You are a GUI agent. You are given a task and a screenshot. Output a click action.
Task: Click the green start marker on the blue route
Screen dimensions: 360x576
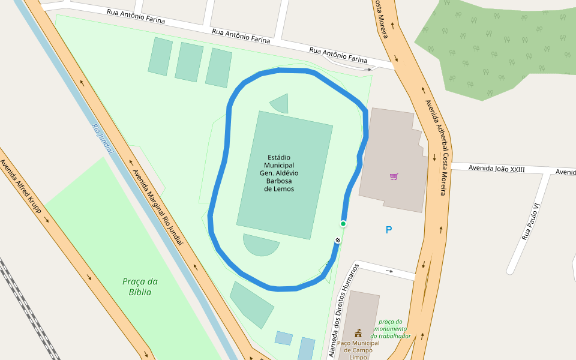(x=343, y=224)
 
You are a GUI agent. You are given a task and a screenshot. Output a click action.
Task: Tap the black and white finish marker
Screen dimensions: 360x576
(x=338, y=241)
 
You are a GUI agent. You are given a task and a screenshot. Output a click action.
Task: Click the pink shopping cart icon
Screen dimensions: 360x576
(x=394, y=176)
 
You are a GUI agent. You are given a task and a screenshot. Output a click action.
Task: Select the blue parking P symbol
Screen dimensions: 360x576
(x=389, y=230)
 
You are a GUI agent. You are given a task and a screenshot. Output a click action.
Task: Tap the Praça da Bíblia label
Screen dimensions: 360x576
(x=139, y=287)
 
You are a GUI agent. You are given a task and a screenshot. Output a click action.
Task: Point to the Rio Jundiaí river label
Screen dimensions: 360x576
(x=103, y=138)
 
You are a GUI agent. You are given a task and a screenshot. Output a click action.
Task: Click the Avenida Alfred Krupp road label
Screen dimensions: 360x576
(x=21, y=186)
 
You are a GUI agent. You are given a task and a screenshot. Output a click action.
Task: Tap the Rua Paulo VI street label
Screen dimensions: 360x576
(x=532, y=221)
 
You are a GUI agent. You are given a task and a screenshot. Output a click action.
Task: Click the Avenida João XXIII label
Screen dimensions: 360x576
(x=496, y=169)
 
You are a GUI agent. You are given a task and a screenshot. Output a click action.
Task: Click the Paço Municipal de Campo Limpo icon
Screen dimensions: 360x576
(x=358, y=333)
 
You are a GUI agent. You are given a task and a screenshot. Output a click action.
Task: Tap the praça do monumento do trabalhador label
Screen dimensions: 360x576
(x=391, y=329)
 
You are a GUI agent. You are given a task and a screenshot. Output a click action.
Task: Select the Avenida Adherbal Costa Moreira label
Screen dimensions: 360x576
(x=436, y=147)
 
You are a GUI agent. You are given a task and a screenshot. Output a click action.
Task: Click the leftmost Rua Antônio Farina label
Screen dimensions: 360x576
(x=135, y=16)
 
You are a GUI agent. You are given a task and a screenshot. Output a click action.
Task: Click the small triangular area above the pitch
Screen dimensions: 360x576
(x=281, y=103)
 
